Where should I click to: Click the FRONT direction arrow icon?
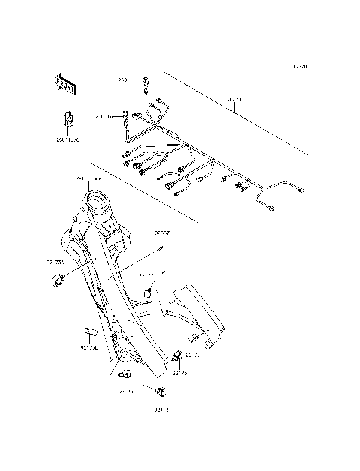pyautogui.click(x=64, y=85)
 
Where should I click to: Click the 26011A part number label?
pyautogui.click(x=103, y=116)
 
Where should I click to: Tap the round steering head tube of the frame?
pyautogui.click(x=96, y=200)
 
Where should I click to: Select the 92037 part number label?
pyautogui.click(x=163, y=233)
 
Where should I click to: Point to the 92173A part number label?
pyautogui.click(x=55, y=262)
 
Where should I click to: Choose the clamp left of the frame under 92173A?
pyautogui.click(x=57, y=281)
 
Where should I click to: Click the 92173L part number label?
pyautogui.click(x=89, y=347)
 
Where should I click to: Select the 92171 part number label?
pyautogui.click(x=146, y=275)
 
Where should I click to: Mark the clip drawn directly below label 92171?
pyautogui.click(x=148, y=291)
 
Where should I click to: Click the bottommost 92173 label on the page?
pyautogui.click(x=162, y=409)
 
